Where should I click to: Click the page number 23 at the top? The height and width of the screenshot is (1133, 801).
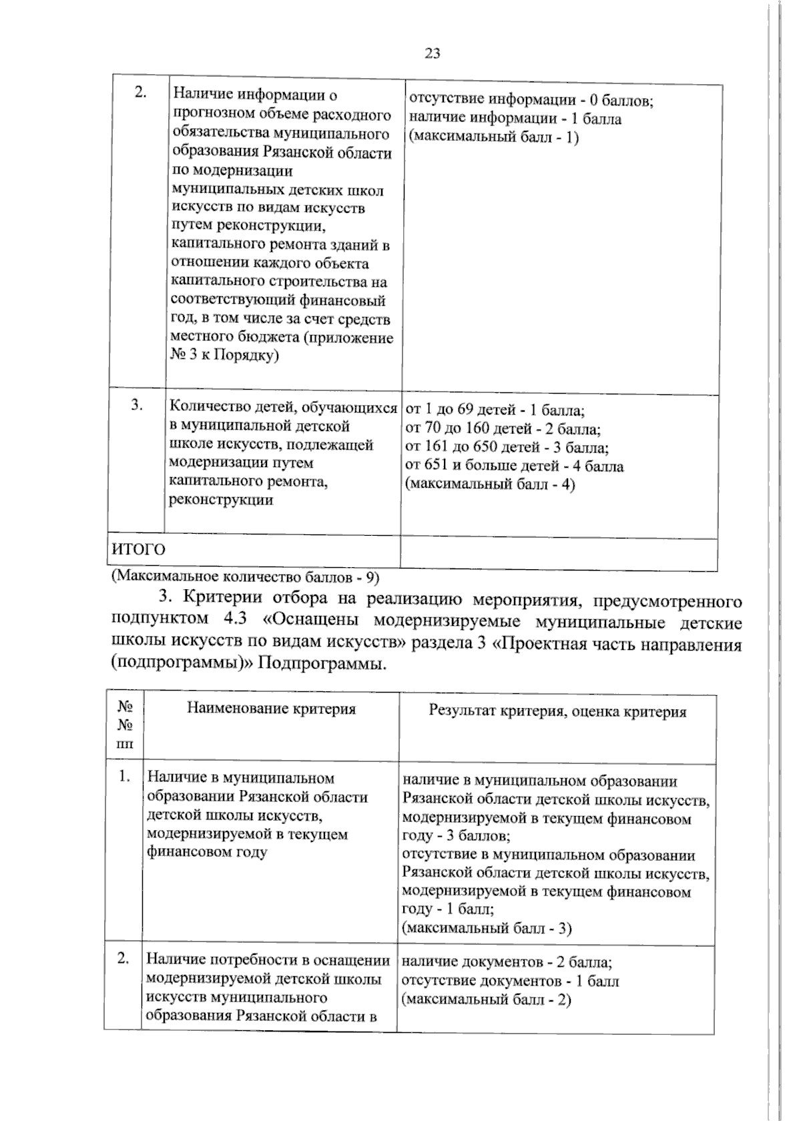click(x=432, y=54)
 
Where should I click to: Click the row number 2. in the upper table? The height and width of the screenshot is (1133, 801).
click(x=140, y=93)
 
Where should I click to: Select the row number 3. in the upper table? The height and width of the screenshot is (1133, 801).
click(x=137, y=404)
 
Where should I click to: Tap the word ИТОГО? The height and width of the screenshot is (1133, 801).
click(x=138, y=550)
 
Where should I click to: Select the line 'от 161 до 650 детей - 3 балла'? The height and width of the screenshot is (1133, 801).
click(x=507, y=447)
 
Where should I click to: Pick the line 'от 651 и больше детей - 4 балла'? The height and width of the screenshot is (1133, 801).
click(x=514, y=466)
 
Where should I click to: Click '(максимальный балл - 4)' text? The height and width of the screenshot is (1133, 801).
click(x=490, y=484)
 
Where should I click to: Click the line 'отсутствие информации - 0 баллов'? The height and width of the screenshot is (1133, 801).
click(x=530, y=100)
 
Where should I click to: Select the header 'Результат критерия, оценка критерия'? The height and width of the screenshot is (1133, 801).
click(x=557, y=711)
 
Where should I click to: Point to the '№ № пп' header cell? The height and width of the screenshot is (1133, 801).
click(x=125, y=725)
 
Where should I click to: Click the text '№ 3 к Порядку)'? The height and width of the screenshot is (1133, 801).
click(x=224, y=356)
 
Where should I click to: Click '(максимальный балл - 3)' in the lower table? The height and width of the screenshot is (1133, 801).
click(x=487, y=927)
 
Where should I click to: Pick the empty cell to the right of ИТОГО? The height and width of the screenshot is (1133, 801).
click(x=559, y=554)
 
